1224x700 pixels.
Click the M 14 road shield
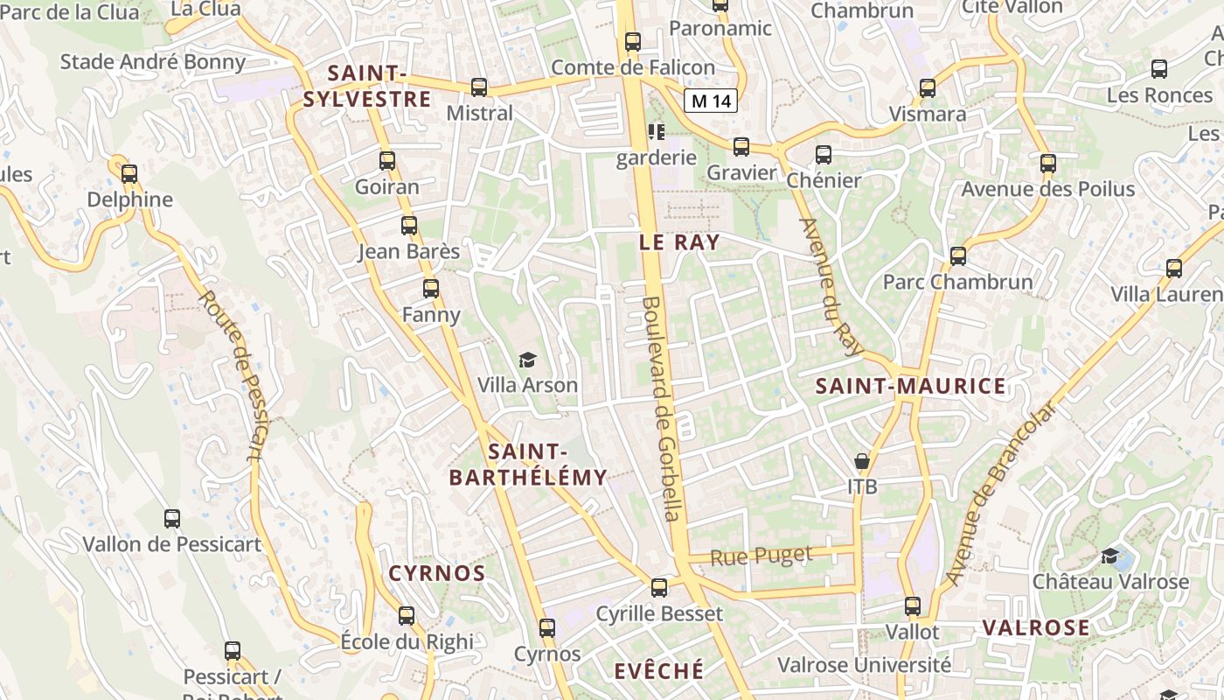pyautogui.click(x=710, y=101)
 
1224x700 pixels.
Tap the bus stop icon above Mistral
pyautogui.click(x=479, y=87)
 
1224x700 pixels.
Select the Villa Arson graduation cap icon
pyautogui.click(x=527, y=360)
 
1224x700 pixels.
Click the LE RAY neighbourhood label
pyautogui.click(x=679, y=243)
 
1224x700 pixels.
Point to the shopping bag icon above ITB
pyautogui.click(x=862, y=460)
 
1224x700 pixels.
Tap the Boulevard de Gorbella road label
pyautogui.click(x=662, y=409)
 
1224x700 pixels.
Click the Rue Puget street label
pyautogui.click(x=761, y=556)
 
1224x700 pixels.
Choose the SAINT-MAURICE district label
pyautogui.click(x=910, y=387)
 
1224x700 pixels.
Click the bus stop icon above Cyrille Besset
pyautogui.click(x=659, y=587)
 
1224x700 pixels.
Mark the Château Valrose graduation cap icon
pyautogui.click(x=1109, y=556)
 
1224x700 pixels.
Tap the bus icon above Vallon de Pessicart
pyautogui.click(x=172, y=518)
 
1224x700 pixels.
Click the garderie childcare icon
pyautogui.click(x=656, y=132)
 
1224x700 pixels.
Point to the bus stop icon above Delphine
pyautogui.click(x=129, y=173)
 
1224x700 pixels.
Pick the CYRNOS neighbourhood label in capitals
pyautogui.click(x=436, y=574)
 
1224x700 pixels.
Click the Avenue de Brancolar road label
pyautogui.click(x=1001, y=494)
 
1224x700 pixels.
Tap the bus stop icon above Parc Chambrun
pyautogui.click(x=958, y=255)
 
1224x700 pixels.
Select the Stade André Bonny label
pyautogui.click(x=153, y=62)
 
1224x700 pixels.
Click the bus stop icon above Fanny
pyautogui.click(x=431, y=288)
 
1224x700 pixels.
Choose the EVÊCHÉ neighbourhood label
pyautogui.click(x=658, y=671)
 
